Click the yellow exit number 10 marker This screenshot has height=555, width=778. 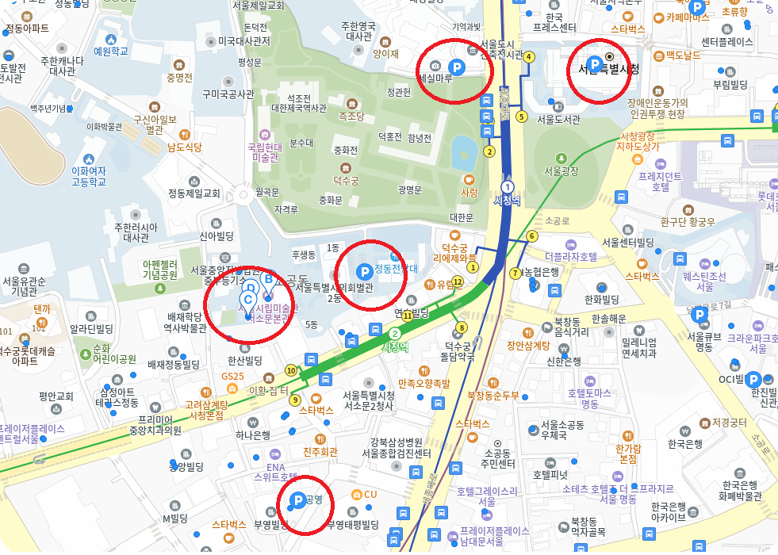click(291, 370)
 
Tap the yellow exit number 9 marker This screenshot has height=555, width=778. click(296, 400)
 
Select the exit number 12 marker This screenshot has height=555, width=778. click(458, 281)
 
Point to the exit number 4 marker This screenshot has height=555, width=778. click(529, 56)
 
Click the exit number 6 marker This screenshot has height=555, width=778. click(531, 235)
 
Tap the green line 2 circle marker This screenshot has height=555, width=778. click(394, 334)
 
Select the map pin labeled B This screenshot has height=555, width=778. click(268, 279)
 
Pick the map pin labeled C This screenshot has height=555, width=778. click(247, 300)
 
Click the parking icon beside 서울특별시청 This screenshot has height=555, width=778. click(593, 64)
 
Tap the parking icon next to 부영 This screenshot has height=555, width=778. click(297, 499)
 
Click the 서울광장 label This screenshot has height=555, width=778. click(561, 170)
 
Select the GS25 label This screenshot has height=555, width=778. click(232, 376)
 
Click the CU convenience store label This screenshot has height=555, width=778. click(370, 495)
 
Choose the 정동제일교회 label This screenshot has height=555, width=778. click(194, 193)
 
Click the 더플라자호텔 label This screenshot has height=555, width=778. click(571, 256)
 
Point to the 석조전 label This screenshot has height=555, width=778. click(299, 98)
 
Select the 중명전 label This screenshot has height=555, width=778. click(179, 78)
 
